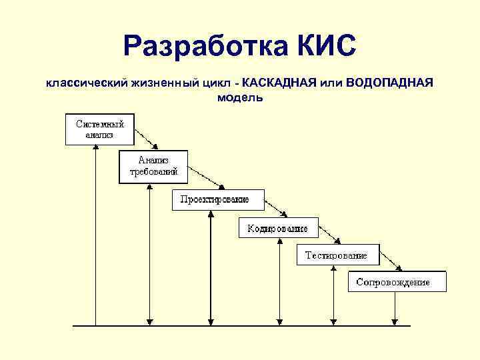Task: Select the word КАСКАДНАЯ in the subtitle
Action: tap(279, 83)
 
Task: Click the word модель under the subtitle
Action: tap(240, 98)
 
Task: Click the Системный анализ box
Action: tap(99, 129)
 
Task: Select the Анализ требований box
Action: tap(153, 165)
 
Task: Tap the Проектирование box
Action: tap(218, 200)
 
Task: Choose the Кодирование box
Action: tap(277, 229)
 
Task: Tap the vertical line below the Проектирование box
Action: tap(210, 267)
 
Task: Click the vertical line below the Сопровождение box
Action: tap(395, 308)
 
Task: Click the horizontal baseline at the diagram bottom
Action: tap(240, 325)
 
